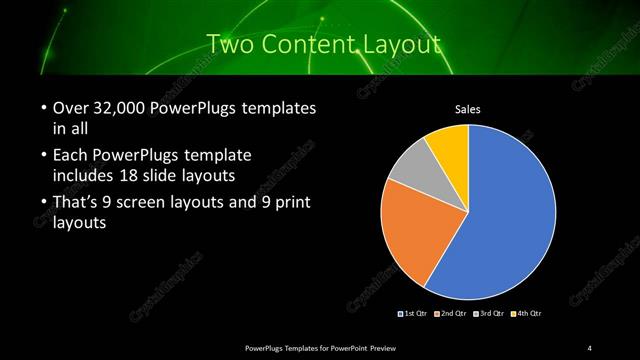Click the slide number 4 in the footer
(x=590, y=347)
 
